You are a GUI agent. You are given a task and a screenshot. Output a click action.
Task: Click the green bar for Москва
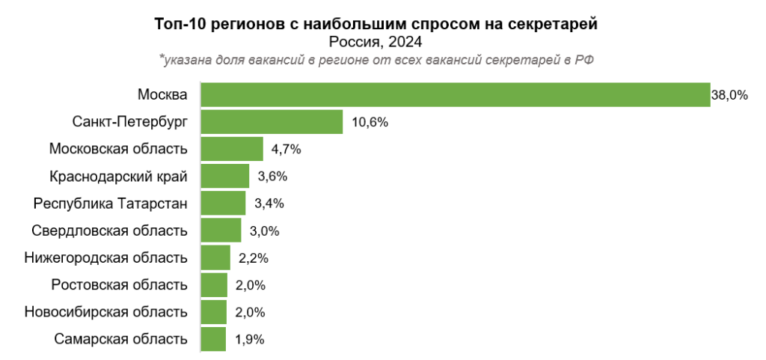tap(455, 95)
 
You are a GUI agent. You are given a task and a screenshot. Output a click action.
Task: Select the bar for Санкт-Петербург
tap(272, 122)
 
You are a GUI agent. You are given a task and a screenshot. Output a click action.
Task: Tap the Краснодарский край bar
tap(224, 177)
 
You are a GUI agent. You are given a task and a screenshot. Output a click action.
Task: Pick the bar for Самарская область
tap(213, 339)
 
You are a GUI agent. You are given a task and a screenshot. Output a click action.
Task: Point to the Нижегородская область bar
tap(215, 258)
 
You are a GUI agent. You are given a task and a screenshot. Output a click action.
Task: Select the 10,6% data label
tap(369, 122)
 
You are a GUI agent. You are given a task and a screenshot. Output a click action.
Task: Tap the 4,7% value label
tap(286, 150)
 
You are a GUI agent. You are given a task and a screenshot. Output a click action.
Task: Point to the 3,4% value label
tap(269, 204)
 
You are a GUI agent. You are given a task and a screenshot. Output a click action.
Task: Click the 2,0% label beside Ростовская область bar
tap(251, 285)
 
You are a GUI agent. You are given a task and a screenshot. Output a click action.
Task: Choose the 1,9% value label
tap(249, 339)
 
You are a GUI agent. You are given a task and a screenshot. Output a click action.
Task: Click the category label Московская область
tap(118, 150)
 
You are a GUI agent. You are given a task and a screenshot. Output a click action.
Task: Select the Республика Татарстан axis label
tap(110, 204)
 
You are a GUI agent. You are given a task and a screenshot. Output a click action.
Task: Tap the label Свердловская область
tap(110, 231)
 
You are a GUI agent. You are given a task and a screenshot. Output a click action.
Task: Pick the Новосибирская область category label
tap(105, 312)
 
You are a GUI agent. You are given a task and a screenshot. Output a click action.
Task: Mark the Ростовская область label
tap(120, 285)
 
